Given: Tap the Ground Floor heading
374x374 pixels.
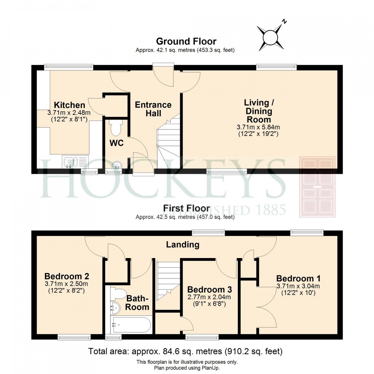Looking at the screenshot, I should [186, 41].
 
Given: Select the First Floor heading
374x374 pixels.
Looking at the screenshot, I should [186, 208].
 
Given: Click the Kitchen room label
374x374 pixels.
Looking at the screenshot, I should [70, 105].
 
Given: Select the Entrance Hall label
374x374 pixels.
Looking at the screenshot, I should [153, 109].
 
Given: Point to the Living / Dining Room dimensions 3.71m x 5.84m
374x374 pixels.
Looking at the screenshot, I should [258, 127].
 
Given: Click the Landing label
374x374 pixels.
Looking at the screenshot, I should [183, 244].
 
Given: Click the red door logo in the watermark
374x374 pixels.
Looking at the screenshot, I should [317, 187].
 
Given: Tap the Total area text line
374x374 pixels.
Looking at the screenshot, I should [185, 351].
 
